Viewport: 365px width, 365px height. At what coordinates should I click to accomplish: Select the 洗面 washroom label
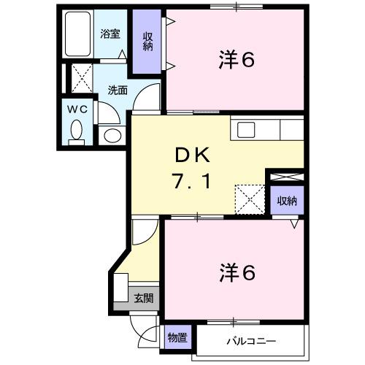click(118, 91)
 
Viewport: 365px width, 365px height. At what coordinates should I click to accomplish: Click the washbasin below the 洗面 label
click(112, 134)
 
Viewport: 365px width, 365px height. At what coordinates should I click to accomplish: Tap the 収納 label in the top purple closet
click(148, 41)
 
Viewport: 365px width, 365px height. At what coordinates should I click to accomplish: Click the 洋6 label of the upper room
click(236, 60)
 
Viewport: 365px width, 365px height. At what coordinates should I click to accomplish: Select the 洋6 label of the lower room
click(236, 272)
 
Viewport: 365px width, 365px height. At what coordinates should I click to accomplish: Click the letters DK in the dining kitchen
click(191, 155)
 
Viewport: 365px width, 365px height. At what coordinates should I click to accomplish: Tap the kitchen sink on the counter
click(246, 130)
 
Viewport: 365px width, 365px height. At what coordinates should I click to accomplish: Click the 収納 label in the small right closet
click(285, 201)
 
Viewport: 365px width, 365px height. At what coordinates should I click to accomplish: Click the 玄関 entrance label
click(144, 297)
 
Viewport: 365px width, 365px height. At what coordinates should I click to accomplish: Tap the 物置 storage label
click(177, 338)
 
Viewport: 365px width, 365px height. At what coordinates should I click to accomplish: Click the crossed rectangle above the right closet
click(285, 177)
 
